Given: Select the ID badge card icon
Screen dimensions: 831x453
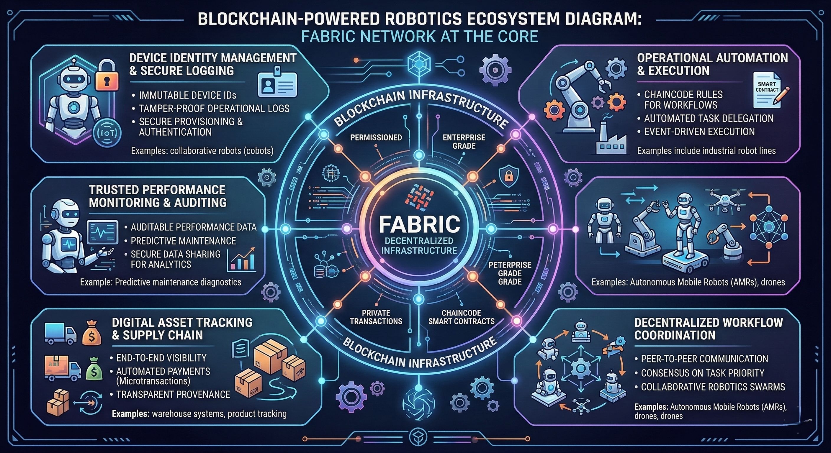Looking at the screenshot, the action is (x=277, y=83).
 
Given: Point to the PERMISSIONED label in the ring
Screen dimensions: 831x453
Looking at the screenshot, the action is (x=376, y=138).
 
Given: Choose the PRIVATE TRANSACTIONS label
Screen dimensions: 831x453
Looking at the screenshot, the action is (x=376, y=317).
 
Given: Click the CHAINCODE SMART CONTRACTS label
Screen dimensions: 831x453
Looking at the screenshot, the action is (x=461, y=317).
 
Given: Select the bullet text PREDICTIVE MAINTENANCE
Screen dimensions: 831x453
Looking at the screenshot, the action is (x=183, y=241).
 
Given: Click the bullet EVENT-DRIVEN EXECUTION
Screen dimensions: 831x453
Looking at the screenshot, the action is (x=699, y=132).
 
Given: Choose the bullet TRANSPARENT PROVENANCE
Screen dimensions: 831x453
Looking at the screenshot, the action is (x=173, y=394).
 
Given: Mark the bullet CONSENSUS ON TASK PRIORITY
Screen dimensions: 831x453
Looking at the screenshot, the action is (x=702, y=373).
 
